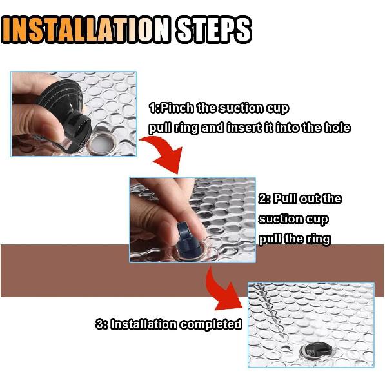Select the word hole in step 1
click(336, 128)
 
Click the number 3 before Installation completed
click(99, 324)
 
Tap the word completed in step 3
click(211, 324)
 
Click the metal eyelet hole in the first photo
click(101, 138)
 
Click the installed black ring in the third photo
click(312, 350)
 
